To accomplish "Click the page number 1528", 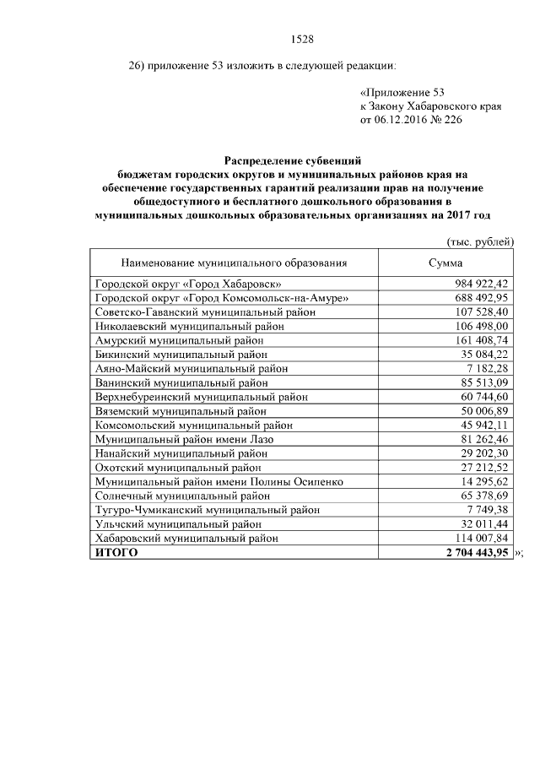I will click(x=301, y=39).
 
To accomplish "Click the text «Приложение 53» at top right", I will click(x=402, y=91).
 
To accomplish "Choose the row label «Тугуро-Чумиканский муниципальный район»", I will click(x=208, y=510).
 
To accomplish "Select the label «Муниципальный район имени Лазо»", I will click(x=185, y=439).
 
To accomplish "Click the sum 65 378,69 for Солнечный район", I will click(x=482, y=496).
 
